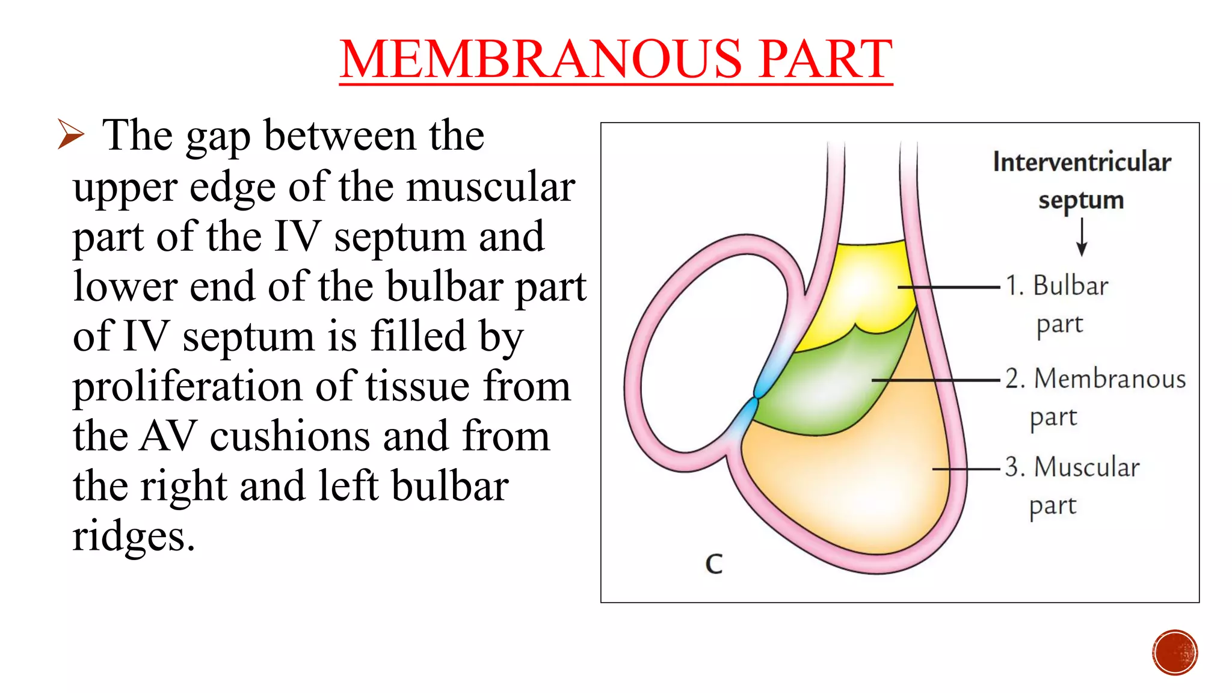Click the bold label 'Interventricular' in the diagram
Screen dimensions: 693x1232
tap(1082, 162)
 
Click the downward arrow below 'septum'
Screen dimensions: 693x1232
tap(1082, 237)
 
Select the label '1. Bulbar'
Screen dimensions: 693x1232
tap(1058, 286)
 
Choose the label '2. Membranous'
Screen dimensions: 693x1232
tap(1095, 379)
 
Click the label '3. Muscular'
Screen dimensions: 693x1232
tap(1073, 467)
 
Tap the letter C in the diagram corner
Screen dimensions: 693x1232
tap(713, 564)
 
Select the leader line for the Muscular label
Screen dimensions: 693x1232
tap(966, 469)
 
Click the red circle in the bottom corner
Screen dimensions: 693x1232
tap(1175, 652)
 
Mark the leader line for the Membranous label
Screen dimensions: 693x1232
tap(935, 380)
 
